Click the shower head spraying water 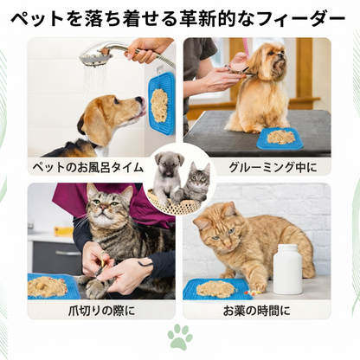point(96,59)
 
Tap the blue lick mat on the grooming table point(280,137)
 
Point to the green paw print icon point(180,337)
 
